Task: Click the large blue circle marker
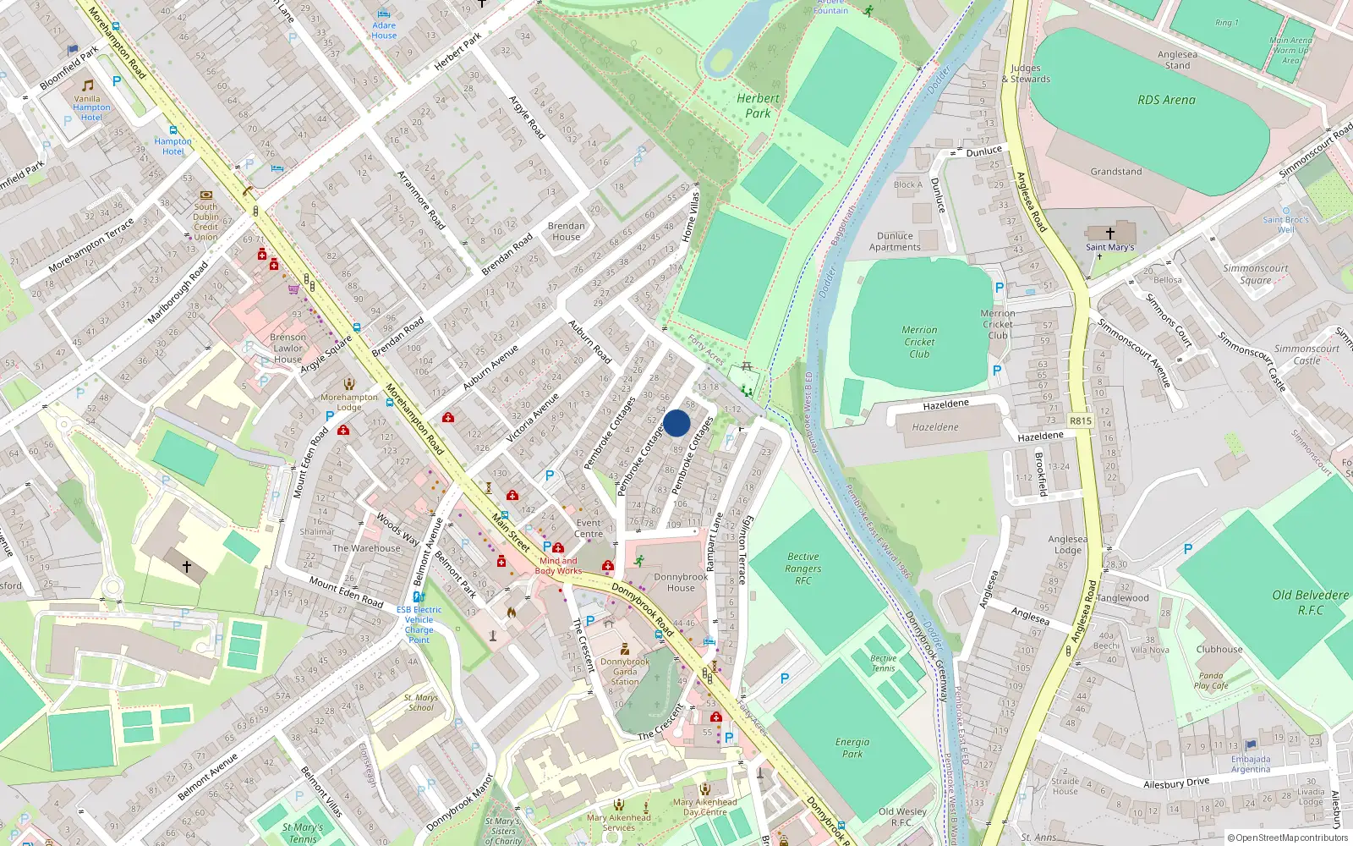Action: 676,423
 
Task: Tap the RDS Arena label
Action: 1166,100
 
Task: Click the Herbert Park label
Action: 758,106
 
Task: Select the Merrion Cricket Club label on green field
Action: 919,342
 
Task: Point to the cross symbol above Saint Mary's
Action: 1109,233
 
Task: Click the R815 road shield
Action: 1080,420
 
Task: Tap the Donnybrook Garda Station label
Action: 625,672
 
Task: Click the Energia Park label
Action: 852,748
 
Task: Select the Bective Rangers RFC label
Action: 802,569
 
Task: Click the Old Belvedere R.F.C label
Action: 1310,602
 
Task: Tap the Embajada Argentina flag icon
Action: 1251,745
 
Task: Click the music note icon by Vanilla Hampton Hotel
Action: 88,85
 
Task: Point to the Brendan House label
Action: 566,231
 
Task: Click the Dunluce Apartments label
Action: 895,242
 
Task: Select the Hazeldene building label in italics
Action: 935,427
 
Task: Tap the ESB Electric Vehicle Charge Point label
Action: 419,624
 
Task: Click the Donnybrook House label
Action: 680,582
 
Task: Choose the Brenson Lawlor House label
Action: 288,348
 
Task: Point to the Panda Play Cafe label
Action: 1210,680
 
